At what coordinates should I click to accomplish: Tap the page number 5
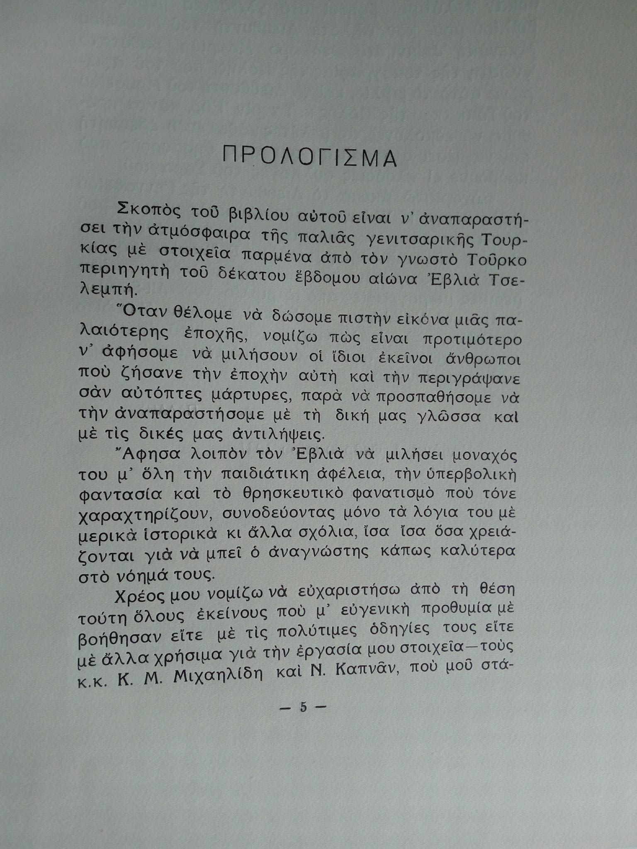303,707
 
